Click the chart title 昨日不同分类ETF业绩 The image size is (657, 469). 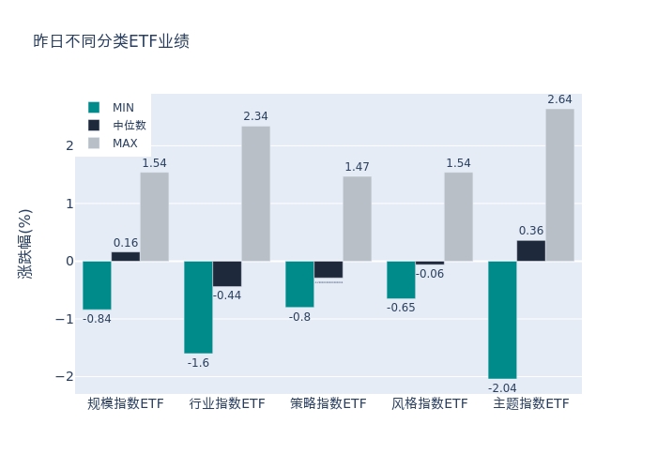coord(111,41)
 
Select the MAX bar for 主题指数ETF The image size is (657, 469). coord(559,185)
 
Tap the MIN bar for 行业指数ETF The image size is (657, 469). coord(198,307)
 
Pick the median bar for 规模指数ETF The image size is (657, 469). coord(126,256)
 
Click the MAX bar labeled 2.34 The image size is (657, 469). coord(255,193)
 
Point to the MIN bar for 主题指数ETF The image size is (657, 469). coord(502,319)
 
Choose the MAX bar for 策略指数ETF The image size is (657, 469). coord(357,219)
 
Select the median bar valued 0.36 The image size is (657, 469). coord(530,250)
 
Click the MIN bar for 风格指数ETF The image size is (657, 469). coord(401,280)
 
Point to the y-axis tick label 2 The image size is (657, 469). coord(69,145)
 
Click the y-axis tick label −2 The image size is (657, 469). coord(65,376)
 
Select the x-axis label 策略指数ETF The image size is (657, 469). coord(328,403)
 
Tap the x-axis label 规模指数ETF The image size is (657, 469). coord(126,403)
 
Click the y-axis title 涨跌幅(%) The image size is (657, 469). coord(25,243)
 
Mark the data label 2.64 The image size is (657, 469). coord(559,99)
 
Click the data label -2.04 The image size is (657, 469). coord(502,387)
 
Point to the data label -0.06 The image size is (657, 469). coord(430,274)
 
